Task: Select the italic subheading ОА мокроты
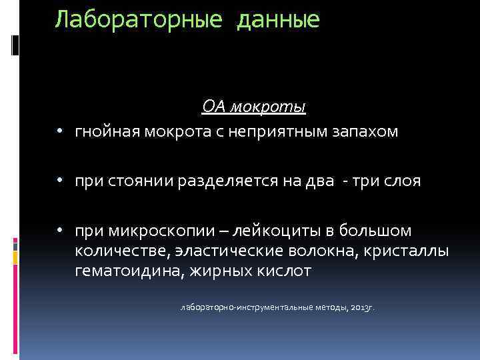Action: click(x=254, y=107)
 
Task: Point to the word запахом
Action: click(x=365, y=131)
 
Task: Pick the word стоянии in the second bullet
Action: click(x=141, y=181)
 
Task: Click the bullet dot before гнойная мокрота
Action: click(x=60, y=132)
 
